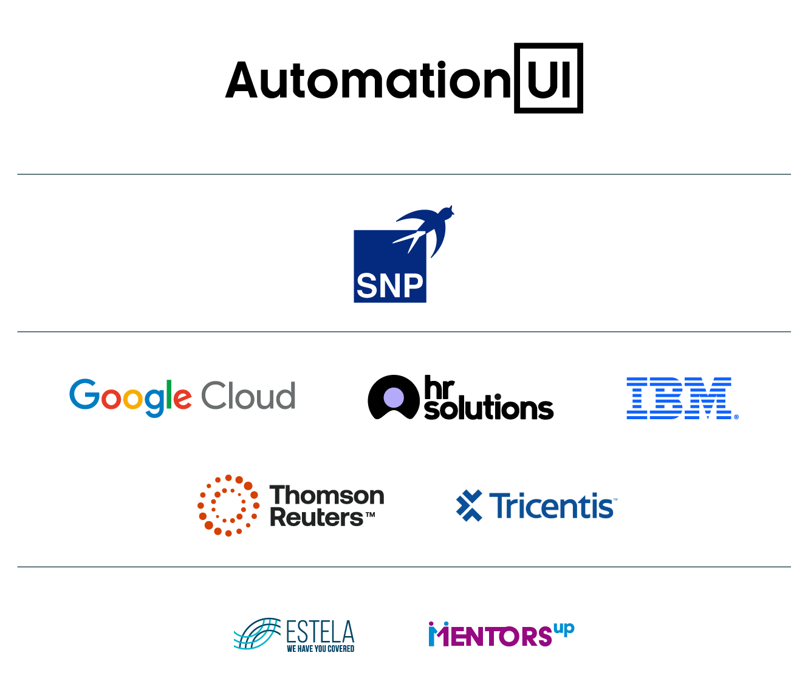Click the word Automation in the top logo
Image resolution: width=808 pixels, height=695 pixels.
click(368, 80)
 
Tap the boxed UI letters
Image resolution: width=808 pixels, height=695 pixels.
click(549, 78)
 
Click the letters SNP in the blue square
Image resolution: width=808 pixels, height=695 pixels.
click(389, 285)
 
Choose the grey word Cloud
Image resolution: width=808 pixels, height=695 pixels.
click(248, 396)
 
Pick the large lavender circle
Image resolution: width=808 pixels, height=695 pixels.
click(394, 397)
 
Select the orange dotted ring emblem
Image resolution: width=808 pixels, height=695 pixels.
click(228, 505)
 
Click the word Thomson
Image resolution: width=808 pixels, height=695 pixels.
click(326, 496)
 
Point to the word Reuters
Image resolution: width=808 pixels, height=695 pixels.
click(317, 518)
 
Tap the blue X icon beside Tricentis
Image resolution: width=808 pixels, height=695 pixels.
click(469, 505)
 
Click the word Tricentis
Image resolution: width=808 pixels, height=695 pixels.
click(552, 506)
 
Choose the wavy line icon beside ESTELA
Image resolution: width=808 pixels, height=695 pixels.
click(256, 634)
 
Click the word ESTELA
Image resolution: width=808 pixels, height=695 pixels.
click(320, 632)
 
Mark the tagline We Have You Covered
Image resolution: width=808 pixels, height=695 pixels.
click(320, 649)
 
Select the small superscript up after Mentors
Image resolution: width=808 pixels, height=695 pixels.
click(564, 629)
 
